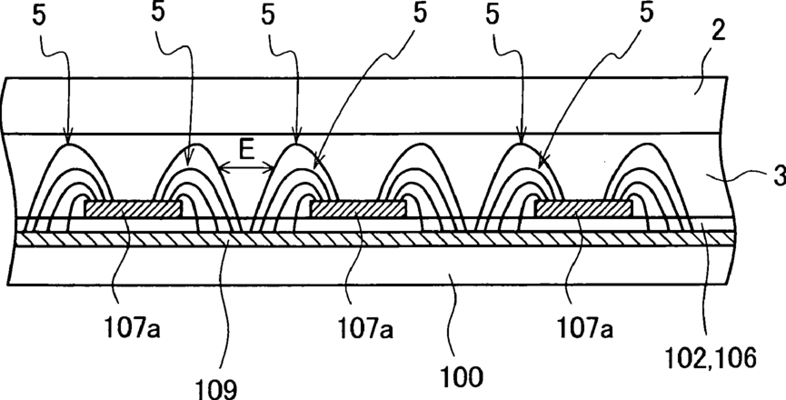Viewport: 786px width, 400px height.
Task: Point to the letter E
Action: [244, 149]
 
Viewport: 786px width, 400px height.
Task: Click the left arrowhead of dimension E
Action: [221, 167]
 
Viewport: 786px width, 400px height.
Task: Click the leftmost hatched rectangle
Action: [134, 209]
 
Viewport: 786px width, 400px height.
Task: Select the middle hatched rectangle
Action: [356, 209]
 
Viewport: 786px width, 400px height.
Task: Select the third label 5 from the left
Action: [270, 15]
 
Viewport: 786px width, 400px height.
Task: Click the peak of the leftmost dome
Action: [69, 143]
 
